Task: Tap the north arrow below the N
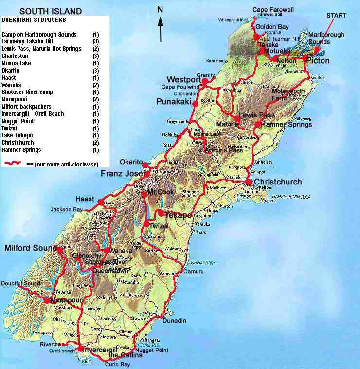point(161,29)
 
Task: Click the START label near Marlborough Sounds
point(336,16)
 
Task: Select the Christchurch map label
point(278,182)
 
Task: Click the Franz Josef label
point(123,174)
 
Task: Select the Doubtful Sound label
point(20,284)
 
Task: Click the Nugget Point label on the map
point(152,350)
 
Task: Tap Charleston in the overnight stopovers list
point(15,56)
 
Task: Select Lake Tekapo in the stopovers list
point(17,135)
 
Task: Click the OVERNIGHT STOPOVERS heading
point(34,20)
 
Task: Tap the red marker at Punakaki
point(195,104)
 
